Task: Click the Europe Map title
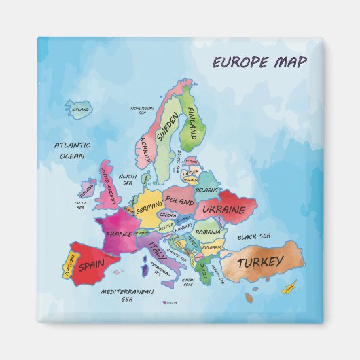point(259,62)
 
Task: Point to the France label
point(119,234)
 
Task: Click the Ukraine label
point(223,210)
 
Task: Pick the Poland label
point(180,202)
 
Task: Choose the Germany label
point(149,211)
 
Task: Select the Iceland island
point(79,109)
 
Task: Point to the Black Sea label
point(254,236)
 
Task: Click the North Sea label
point(128,179)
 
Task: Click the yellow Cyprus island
point(289,288)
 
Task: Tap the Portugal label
point(69,266)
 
